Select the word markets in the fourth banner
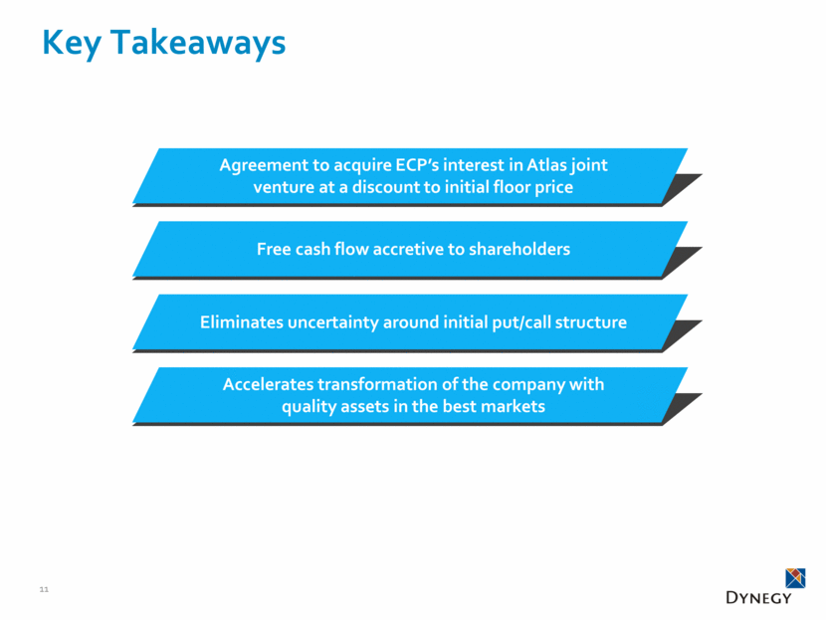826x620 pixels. click(x=509, y=406)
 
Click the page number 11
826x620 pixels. click(x=43, y=590)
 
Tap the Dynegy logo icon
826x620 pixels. click(x=794, y=577)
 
